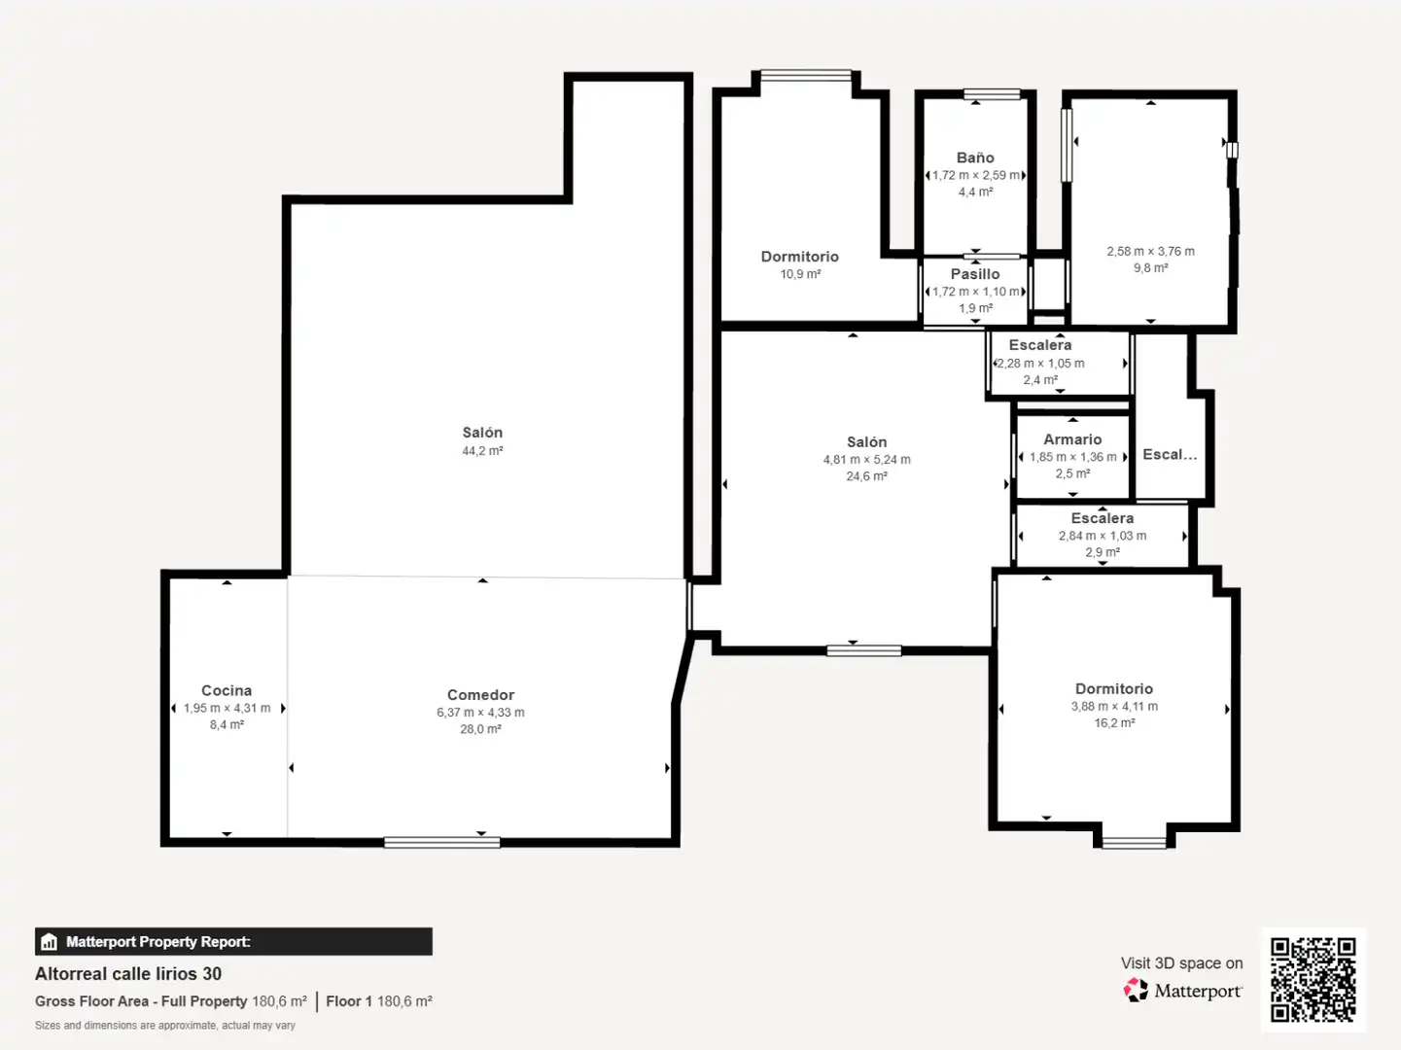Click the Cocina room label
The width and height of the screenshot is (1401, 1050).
tap(227, 690)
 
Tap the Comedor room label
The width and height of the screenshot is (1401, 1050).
tap(480, 694)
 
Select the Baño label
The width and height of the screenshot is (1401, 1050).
tap(975, 157)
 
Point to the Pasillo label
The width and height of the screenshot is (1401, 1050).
tap(975, 274)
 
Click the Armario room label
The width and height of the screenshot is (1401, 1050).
tap(1072, 439)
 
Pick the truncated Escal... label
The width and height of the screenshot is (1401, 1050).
tap(1170, 454)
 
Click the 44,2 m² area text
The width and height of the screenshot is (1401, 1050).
tap(482, 451)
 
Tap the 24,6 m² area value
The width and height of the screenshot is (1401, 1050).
tap(867, 476)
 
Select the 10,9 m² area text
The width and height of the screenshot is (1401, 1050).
tap(800, 274)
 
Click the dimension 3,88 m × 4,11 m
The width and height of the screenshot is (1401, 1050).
tap(1114, 706)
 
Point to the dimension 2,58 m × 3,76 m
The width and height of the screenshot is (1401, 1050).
tap(1151, 252)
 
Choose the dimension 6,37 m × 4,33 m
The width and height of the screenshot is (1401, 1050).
tap(480, 712)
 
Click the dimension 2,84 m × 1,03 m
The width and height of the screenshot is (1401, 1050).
tap(1103, 536)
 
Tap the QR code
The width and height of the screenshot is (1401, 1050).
tap(1313, 979)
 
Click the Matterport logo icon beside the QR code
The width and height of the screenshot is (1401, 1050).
tap(1136, 990)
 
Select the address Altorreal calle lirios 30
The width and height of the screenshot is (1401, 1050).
tap(128, 973)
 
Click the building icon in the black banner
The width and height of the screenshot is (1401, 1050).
tap(50, 941)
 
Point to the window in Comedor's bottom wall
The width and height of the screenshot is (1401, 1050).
tap(441, 843)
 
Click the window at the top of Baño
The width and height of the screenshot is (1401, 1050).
tap(992, 94)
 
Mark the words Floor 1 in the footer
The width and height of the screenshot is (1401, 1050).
tap(348, 1000)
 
